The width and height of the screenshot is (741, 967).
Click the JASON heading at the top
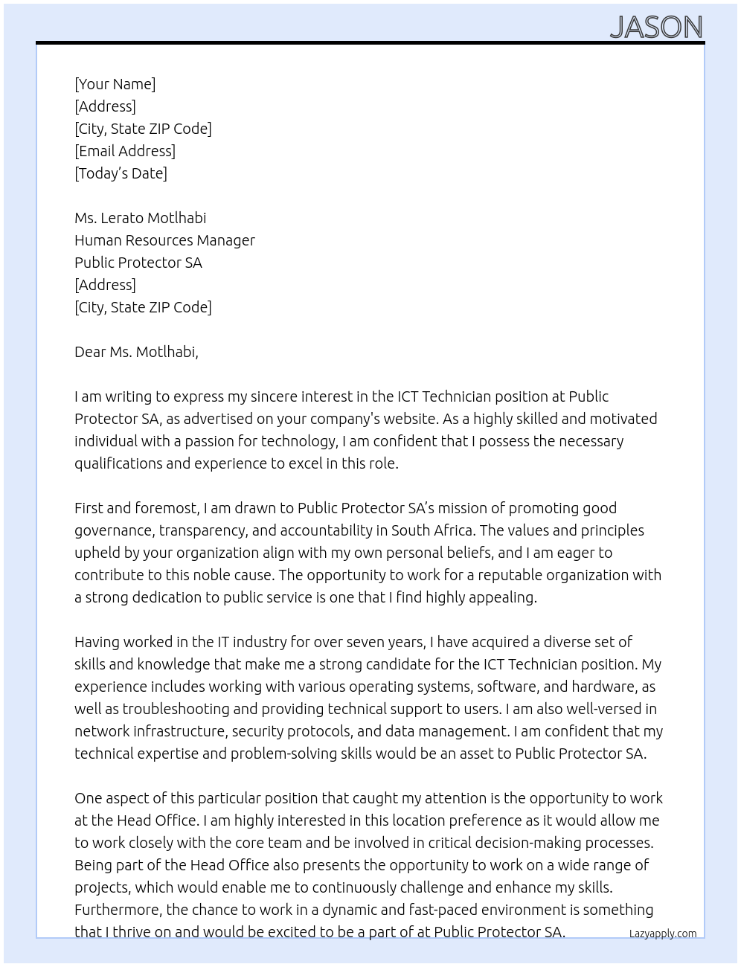tap(656, 28)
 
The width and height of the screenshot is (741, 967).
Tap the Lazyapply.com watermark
tap(662, 934)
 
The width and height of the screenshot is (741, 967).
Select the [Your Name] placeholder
tap(115, 84)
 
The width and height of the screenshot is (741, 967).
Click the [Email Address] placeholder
tap(125, 151)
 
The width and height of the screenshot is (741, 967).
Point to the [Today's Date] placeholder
tap(121, 173)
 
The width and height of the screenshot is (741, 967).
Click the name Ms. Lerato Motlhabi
tap(140, 218)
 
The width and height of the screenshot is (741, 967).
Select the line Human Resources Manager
tap(164, 240)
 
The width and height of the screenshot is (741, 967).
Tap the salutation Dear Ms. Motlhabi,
tap(136, 352)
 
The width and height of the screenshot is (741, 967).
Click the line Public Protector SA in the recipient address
tap(138, 263)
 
